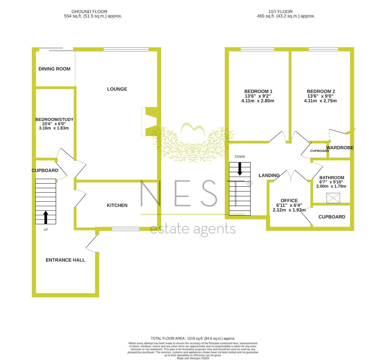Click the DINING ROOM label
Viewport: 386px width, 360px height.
pyautogui.click(x=54, y=69)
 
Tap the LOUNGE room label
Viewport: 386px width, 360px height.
pyautogui.click(x=117, y=89)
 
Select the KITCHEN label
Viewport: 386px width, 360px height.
pyautogui.click(x=117, y=205)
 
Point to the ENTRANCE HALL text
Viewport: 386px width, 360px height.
pyautogui.click(x=65, y=260)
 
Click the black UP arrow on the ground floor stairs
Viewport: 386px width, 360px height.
pyautogui.click(x=46, y=217)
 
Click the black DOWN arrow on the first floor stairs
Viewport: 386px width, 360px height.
pyautogui.click(x=240, y=169)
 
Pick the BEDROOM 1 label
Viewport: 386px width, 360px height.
pyautogui.click(x=258, y=91)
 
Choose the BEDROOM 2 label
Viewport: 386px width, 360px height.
pyautogui.click(x=321, y=91)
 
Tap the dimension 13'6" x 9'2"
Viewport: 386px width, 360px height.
pyautogui.click(x=258, y=96)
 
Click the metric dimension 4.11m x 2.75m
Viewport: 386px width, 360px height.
pyautogui.click(x=320, y=101)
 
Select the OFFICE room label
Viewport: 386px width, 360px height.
pyautogui.click(x=289, y=201)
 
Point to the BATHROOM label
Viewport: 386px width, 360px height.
pyautogui.click(x=332, y=178)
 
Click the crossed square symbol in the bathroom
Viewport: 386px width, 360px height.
pyautogui.click(x=333, y=198)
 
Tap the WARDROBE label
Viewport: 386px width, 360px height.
pyautogui.click(x=340, y=148)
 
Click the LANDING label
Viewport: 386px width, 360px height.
pyautogui.click(x=269, y=175)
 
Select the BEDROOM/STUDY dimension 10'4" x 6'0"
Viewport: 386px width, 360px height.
pyautogui.click(x=54, y=124)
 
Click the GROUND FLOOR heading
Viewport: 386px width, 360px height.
pyautogui.click(x=89, y=12)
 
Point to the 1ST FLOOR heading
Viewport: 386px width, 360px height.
pyautogui.click(x=280, y=12)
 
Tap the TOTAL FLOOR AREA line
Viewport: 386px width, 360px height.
pyautogui.click(x=193, y=338)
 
